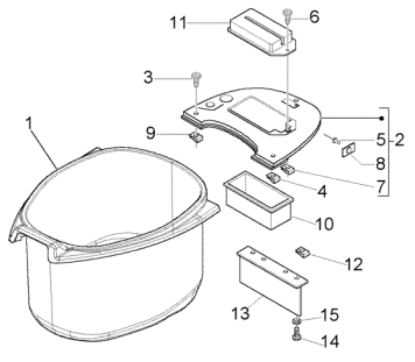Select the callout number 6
[x=314, y=17]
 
